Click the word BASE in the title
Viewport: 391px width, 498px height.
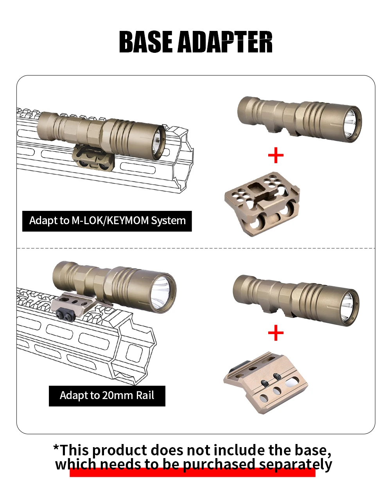146,42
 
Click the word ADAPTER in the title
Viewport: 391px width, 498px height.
225,42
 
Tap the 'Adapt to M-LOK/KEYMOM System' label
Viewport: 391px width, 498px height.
107,221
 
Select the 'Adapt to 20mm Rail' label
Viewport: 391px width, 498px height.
107,396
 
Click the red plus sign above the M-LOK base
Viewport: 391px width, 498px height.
276,155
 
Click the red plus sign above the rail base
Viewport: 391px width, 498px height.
276,333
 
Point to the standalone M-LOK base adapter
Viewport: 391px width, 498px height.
262,204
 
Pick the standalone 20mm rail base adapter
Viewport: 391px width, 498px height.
266,383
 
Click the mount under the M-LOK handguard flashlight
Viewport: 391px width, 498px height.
93,158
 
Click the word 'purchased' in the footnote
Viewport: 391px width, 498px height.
219,464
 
